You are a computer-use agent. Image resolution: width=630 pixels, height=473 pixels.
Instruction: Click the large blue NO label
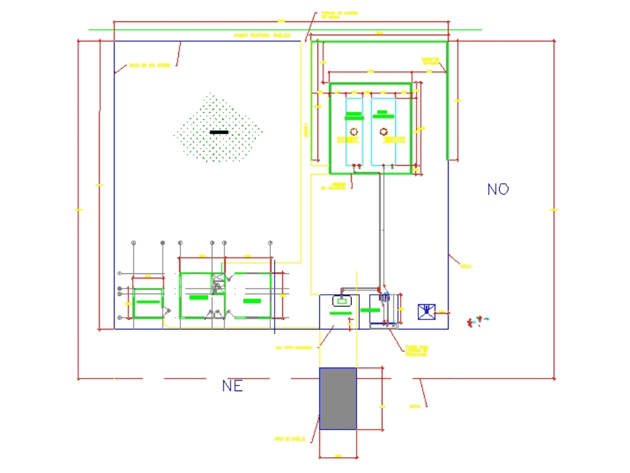[498, 189]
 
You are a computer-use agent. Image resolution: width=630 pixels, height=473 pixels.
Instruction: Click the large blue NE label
[232, 386]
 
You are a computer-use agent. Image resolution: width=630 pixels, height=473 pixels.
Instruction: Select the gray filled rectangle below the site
[338, 399]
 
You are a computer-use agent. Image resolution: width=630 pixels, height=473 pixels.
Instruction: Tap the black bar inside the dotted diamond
[219, 132]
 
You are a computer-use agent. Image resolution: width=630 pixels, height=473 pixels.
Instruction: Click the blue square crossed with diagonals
[427, 312]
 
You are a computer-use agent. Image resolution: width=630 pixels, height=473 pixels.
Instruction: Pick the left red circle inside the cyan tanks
[354, 132]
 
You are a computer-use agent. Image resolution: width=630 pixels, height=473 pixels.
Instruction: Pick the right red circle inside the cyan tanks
[382, 132]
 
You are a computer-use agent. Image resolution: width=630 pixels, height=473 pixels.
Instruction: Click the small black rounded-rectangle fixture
[341, 301]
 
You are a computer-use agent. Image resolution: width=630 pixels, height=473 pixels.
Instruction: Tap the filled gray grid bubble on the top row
[163, 242]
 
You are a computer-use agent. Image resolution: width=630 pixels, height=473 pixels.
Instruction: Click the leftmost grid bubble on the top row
[134, 242]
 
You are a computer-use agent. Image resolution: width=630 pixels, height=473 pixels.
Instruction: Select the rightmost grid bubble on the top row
[270, 242]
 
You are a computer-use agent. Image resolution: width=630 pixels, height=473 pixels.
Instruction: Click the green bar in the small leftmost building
[148, 302]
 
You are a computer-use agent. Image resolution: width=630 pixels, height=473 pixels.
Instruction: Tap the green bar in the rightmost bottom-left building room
[252, 301]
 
